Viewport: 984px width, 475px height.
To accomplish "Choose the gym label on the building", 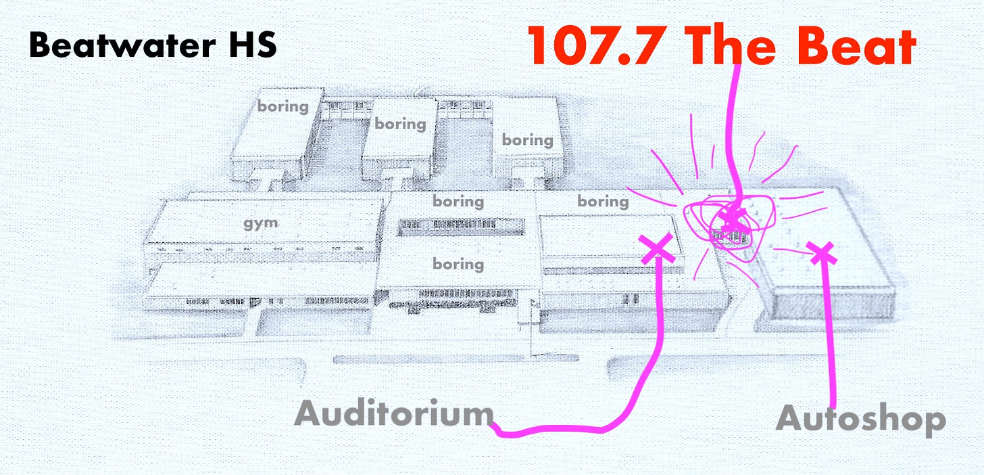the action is (261, 223).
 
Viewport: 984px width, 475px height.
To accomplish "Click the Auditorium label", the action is (394, 413).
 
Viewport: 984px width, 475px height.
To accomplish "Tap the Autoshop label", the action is (860, 420).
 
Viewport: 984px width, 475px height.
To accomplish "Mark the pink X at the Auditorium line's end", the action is (656, 248).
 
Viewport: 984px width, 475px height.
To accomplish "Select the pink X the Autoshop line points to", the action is (821, 253).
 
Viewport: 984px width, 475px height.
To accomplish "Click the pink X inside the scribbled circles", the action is (731, 219).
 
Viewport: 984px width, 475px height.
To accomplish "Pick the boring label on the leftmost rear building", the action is (282, 106).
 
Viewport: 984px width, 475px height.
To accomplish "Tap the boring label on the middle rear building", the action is (401, 124).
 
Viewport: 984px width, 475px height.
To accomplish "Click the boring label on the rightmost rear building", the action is (527, 140).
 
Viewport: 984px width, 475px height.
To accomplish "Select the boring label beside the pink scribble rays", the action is (603, 201).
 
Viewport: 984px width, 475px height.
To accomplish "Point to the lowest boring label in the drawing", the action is (458, 263).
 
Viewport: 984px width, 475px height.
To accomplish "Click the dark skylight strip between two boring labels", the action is (459, 227).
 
